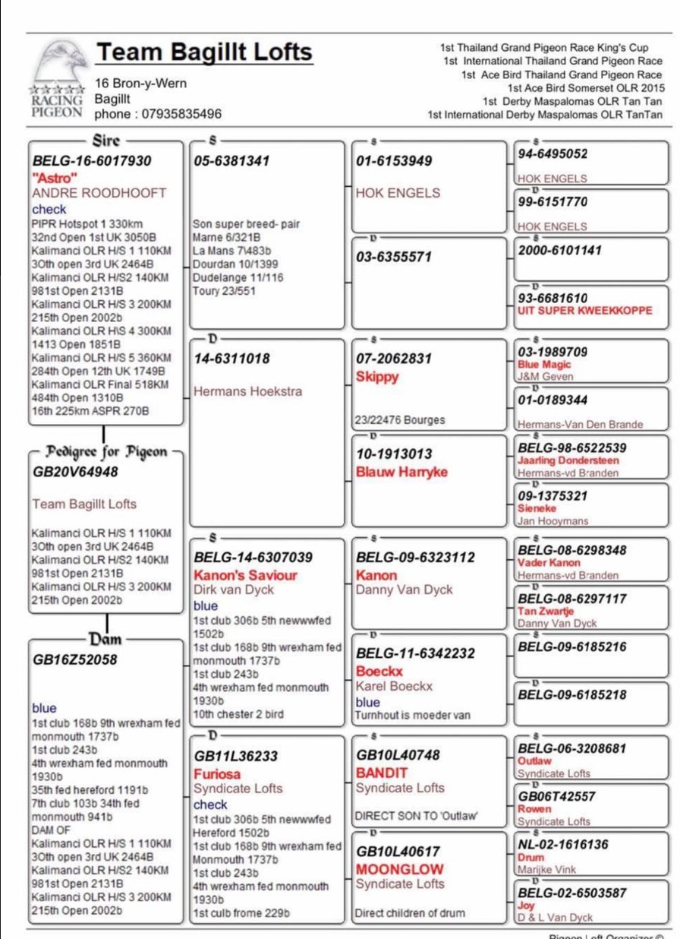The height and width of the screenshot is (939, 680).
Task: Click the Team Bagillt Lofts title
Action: pos(203,52)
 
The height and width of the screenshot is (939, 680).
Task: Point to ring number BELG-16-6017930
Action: pos(92,161)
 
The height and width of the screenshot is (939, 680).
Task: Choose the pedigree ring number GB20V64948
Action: pos(75,472)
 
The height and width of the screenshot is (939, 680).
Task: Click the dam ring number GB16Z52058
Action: pos(75,659)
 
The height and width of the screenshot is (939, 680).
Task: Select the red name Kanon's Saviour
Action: pos(245,575)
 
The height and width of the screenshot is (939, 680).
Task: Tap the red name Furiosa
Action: pos(217,774)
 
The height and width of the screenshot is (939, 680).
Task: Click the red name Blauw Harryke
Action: pos(401,472)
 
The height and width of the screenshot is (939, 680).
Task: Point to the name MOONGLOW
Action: pos(400,868)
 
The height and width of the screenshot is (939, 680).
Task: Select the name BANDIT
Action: pos(382,773)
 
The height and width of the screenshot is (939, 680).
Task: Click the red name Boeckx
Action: pos(379,672)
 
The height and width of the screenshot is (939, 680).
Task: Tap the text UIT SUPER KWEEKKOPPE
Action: pos(584,311)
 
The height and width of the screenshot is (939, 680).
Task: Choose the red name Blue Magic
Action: pos(543,365)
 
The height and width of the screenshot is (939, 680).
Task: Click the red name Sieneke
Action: pos(537,508)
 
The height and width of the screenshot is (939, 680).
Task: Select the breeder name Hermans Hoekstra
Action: pos(247,391)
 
